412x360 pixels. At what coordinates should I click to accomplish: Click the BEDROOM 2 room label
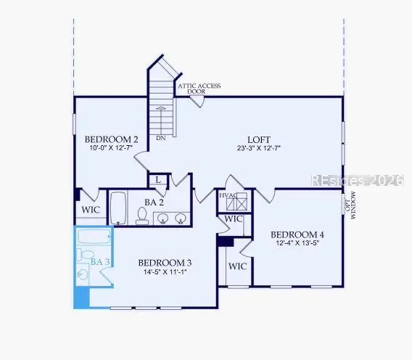[111, 139]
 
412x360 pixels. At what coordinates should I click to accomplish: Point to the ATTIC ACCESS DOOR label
[199, 89]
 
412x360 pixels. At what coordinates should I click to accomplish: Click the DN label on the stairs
[160, 137]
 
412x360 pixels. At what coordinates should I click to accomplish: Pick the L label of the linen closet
[157, 179]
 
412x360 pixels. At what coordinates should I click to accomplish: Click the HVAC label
[228, 195]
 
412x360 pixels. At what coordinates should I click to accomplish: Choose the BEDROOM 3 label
[165, 263]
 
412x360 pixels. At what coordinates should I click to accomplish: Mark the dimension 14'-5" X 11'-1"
[165, 274]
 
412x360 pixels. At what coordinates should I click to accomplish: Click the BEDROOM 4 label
[297, 234]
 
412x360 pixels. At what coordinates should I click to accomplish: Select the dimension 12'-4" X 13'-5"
[297, 245]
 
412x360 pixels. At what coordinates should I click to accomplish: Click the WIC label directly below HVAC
[233, 219]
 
